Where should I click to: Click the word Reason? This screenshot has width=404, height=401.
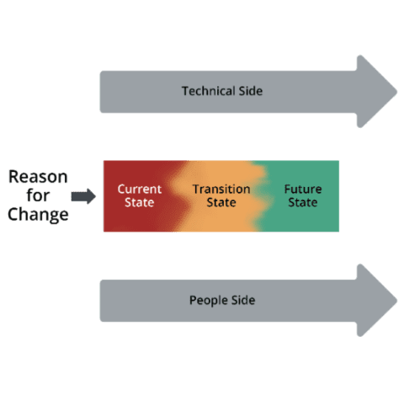click(38, 178)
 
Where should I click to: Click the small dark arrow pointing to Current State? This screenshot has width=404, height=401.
click(82, 196)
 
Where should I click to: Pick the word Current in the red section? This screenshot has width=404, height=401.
click(139, 189)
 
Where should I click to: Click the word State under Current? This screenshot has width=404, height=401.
click(139, 203)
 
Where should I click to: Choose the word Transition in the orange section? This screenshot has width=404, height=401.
click(221, 189)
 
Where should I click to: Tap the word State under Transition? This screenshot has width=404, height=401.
click(221, 203)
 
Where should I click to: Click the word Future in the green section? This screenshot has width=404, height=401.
click(302, 189)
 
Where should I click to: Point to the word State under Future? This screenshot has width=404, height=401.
click(302, 203)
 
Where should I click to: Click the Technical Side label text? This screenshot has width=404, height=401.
click(222, 91)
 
